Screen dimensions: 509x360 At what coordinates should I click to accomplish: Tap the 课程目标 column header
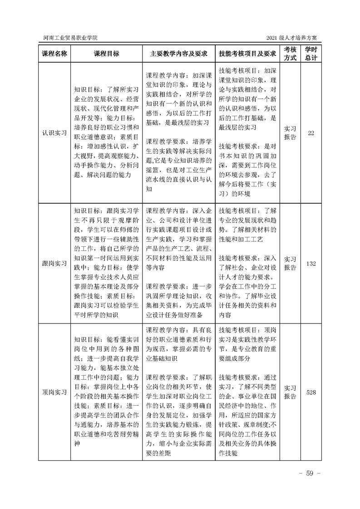[106, 54]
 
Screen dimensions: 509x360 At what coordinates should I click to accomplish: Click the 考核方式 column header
[290, 54]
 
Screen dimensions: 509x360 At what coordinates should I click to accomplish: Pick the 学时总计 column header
[311, 54]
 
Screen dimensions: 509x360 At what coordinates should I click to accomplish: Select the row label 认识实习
[54, 133]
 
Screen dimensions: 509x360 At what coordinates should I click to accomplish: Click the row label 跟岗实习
[54, 264]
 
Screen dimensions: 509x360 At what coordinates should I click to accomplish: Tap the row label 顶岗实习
[54, 392]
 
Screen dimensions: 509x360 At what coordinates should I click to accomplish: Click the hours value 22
[311, 133]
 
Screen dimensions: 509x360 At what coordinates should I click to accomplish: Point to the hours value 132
[311, 264]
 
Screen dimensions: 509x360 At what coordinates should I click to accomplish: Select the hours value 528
[311, 392]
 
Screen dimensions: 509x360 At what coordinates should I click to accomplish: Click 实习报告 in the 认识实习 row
[290, 133]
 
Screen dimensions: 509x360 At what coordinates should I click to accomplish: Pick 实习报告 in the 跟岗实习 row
[290, 264]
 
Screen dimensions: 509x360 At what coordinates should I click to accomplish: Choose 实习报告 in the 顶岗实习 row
[290, 392]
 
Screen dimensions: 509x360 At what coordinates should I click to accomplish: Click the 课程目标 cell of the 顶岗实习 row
[106, 392]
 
